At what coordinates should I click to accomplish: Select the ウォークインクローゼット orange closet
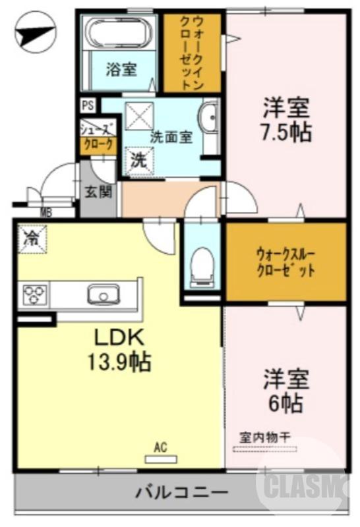pos(193,53)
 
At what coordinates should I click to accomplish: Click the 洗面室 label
pos(171,138)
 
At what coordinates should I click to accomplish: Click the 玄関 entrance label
pos(98,192)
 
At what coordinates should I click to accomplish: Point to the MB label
pos(46,212)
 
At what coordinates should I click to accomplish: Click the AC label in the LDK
pos(159,447)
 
